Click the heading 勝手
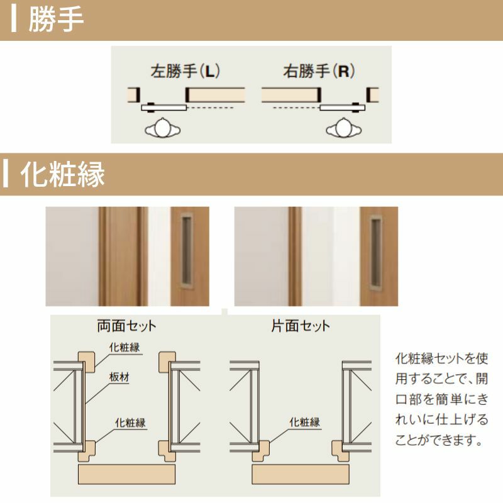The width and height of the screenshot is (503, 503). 57,20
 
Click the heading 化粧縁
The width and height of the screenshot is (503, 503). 63,174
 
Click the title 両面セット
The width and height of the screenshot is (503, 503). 126,326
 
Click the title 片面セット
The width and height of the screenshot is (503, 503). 300,326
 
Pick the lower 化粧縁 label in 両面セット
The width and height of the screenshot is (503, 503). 130,423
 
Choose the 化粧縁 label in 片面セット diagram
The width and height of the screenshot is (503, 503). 304,423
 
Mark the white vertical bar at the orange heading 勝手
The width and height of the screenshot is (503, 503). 14,19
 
